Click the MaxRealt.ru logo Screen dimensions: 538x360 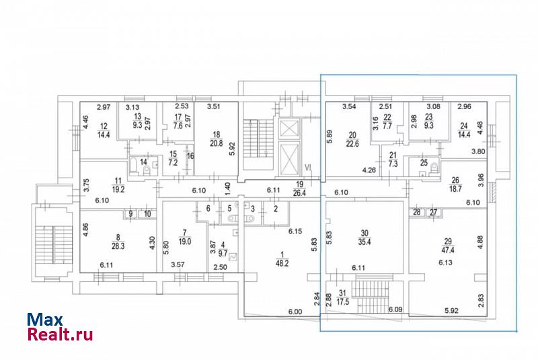pos(60,327)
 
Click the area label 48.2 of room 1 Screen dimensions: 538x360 pos(282,264)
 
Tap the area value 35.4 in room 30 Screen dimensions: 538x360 pos(364,242)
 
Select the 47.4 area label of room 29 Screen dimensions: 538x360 pos(447,250)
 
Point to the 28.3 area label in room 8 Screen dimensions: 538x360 pos(118,246)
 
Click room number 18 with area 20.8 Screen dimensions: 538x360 pos(216,135)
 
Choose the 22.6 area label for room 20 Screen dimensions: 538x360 pos(352,144)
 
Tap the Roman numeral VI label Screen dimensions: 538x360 pos(308,167)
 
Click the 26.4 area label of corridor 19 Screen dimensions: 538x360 pos(299,193)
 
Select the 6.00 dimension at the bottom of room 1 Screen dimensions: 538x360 pos(295,312)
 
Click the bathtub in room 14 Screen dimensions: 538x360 pos(133,167)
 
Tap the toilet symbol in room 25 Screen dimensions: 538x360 pos(434,168)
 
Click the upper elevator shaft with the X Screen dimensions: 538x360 pos(288,129)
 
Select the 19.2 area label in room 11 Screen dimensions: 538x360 pos(118,189)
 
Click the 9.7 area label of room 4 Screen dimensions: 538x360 pos(223,254)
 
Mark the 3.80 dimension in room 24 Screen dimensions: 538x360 pos(478,151)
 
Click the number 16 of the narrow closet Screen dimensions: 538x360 pos(190,156)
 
